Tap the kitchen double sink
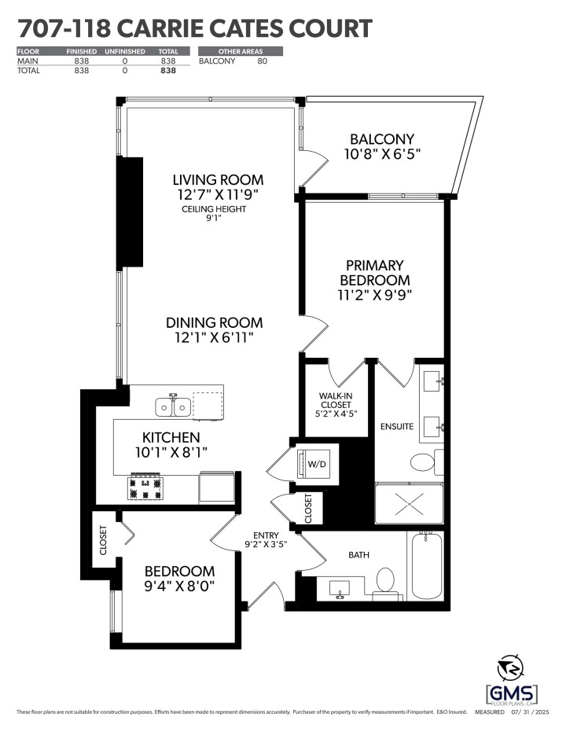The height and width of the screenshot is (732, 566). (174, 406)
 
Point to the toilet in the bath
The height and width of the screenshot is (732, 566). (385, 581)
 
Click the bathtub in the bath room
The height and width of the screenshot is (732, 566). (425, 567)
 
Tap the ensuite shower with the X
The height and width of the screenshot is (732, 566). (409, 503)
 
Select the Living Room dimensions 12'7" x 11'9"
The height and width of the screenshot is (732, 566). (218, 194)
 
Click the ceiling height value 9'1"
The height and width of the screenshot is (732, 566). (213, 219)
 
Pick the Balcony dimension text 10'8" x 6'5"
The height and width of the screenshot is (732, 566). (383, 154)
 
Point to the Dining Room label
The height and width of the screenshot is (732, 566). (214, 322)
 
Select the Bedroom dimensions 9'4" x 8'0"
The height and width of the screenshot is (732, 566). (179, 586)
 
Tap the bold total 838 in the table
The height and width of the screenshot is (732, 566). (167, 70)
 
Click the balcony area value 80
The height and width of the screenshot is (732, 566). (262, 61)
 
